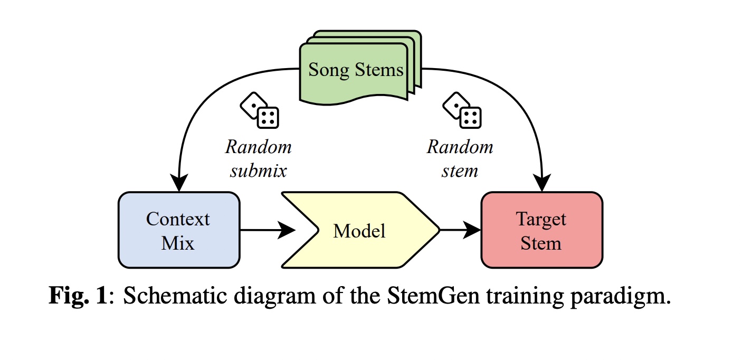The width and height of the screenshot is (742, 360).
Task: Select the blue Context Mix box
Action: (179, 230)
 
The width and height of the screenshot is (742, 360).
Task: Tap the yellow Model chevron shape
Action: (360, 230)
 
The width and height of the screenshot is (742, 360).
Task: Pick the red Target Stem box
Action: (542, 230)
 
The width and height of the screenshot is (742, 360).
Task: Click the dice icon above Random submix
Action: (259, 110)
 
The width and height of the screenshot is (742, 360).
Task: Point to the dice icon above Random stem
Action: (462, 110)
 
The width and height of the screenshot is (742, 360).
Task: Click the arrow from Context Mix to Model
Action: (268, 230)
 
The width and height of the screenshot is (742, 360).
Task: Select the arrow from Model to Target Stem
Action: (460, 230)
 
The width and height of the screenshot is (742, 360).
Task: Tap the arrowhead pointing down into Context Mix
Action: (179, 182)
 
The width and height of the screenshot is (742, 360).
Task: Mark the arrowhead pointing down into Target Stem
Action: (542, 182)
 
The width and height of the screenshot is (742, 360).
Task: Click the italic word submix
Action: (259, 171)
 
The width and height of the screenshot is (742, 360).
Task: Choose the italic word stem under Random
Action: (460, 171)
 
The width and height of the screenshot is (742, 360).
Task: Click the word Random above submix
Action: (259, 147)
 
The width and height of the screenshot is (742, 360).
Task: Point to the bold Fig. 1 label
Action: (78, 295)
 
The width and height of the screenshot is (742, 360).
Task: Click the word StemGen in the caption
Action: (433, 295)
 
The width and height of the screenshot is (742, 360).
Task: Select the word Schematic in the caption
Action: (175, 295)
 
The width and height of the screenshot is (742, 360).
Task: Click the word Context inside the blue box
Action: (178, 219)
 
